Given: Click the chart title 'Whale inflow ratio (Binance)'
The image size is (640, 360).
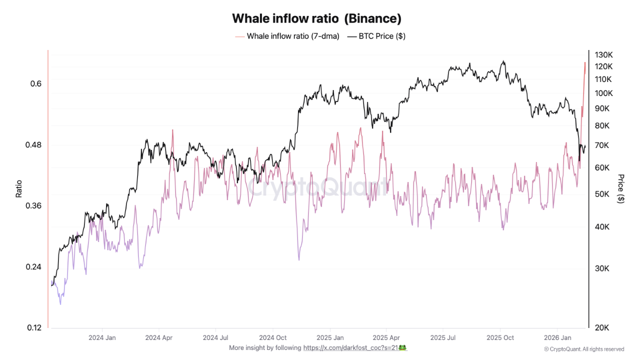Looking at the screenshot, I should [x=316, y=18].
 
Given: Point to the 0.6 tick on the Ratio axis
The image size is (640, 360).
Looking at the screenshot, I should [x=35, y=83].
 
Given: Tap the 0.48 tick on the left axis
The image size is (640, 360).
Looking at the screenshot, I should [x=33, y=145].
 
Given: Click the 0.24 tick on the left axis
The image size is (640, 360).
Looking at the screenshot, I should [x=33, y=267].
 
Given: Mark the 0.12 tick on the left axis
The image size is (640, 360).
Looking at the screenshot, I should [x=33, y=328].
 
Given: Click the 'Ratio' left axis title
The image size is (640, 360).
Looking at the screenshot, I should [x=19, y=188].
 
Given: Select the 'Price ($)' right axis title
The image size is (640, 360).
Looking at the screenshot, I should [x=621, y=188].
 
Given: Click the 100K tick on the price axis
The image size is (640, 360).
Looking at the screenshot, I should [x=603, y=93].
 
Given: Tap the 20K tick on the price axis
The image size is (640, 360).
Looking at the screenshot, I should [x=601, y=328].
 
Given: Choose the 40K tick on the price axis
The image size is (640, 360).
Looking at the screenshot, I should [x=601, y=227].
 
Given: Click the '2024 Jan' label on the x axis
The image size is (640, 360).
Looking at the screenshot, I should [x=102, y=337].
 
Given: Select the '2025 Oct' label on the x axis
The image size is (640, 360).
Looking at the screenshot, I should [x=500, y=337].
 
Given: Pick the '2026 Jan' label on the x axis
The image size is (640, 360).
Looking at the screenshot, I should [x=557, y=337].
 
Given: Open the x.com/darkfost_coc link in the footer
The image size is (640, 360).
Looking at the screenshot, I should [x=350, y=347].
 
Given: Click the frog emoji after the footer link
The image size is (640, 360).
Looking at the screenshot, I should [x=402, y=347].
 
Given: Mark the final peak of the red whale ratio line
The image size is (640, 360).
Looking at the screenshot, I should [x=584, y=62].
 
